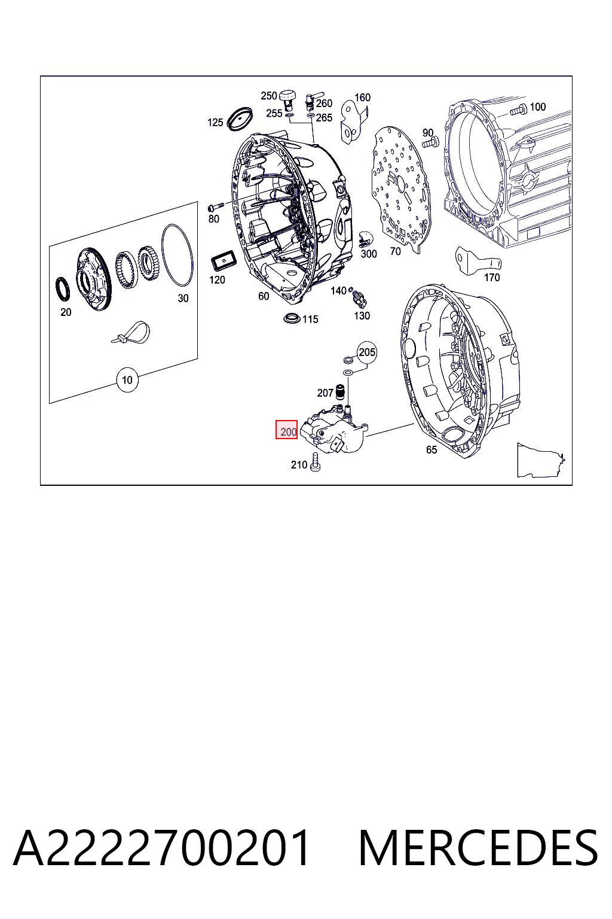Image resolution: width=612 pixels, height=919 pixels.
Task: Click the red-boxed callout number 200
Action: (286, 429)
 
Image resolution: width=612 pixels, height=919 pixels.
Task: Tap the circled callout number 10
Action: (127, 380)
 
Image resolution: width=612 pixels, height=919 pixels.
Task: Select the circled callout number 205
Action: (367, 352)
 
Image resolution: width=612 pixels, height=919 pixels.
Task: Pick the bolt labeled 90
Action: (430, 143)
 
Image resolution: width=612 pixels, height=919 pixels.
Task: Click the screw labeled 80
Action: (215, 206)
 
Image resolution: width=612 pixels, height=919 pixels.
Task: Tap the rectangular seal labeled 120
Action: (224, 260)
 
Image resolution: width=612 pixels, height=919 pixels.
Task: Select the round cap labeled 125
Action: (240, 119)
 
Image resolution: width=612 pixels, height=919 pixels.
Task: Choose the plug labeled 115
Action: (292, 318)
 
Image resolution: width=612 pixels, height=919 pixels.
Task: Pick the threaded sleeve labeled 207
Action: (339, 391)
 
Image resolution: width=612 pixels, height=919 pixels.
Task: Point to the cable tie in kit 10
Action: (131, 331)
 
